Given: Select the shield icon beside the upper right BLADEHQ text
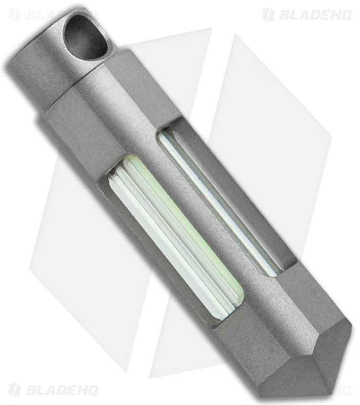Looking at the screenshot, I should tap(268, 15).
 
